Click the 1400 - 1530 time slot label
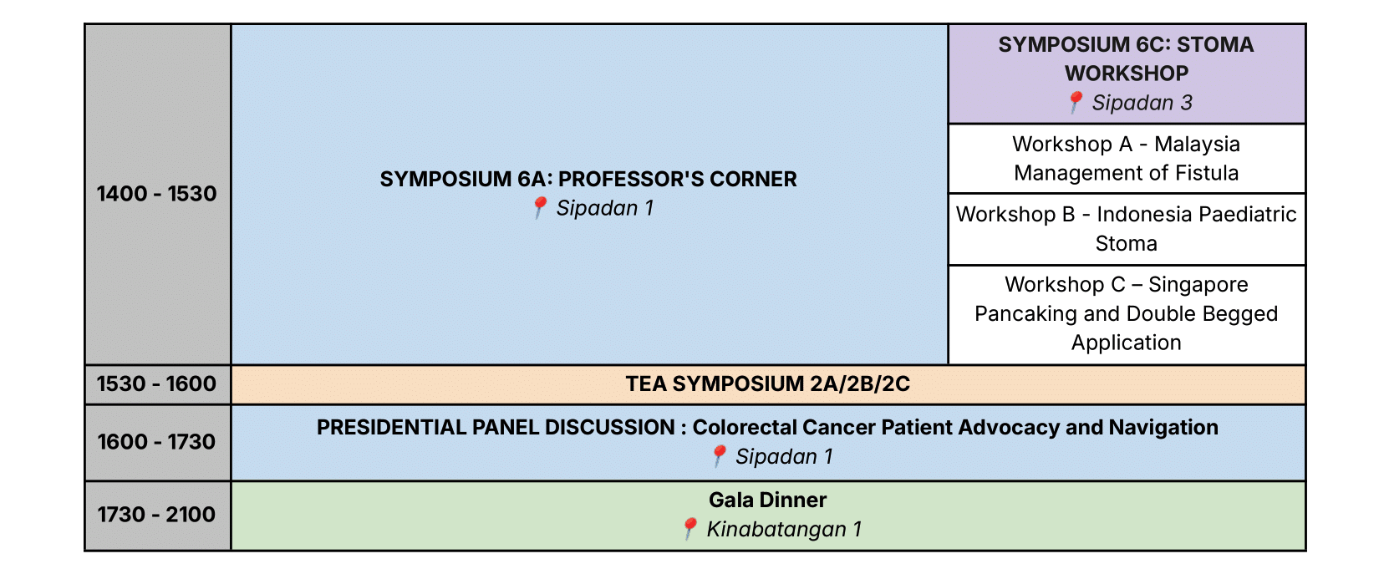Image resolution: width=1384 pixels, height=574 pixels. click(156, 194)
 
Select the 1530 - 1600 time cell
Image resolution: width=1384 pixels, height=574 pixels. click(156, 384)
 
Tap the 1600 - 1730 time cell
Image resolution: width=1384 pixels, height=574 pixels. click(156, 442)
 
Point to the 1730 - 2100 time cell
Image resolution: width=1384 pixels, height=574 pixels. click(156, 515)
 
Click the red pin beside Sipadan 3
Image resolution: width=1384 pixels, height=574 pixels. click(1076, 102)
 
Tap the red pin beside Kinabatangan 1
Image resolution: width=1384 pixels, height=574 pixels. click(689, 528)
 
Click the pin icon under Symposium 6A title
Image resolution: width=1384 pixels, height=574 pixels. click(540, 207)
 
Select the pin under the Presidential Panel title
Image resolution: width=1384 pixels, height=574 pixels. click(719, 455)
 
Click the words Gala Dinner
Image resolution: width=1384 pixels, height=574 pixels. click(767, 500)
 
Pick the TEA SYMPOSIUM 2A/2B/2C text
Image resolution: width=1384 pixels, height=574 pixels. click(767, 384)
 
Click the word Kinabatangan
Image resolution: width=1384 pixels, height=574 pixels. click(776, 530)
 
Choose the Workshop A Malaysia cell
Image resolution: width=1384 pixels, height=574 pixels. click(1126, 159)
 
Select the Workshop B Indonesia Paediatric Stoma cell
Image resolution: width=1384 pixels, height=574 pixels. click(1126, 229)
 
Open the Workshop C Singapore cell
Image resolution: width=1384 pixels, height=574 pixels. click(1126, 314)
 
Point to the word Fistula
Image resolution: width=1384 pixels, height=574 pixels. click(1207, 174)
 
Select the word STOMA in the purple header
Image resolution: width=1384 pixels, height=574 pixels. click(1214, 45)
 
